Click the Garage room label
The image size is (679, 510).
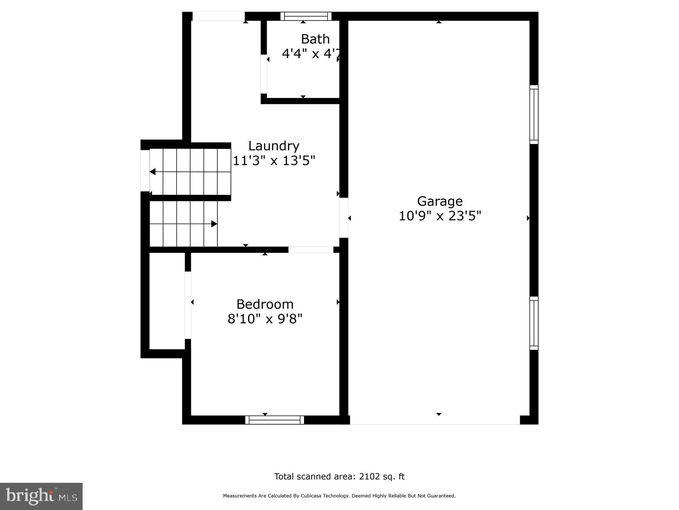click(x=439, y=201)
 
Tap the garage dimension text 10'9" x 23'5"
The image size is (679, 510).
click(x=439, y=216)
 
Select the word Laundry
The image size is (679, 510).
click(x=273, y=146)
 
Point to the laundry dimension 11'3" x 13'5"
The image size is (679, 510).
click(x=273, y=161)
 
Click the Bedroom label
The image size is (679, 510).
click(x=265, y=304)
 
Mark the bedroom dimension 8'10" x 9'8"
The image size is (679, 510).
click(x=265, y=319)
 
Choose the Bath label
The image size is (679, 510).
click(x=315, y=39)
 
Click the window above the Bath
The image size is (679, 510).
click(x=306, y=16)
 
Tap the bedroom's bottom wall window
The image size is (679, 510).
click(x=274, y=420)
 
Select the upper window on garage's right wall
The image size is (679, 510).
click(x=533, y=114)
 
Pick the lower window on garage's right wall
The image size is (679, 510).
click(x=533, y=323)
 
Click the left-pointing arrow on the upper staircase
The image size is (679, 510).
click(x=153, y=172)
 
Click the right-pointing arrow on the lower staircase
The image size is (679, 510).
click(x=214, y=224)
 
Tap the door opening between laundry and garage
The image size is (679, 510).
click(x=343, y=218)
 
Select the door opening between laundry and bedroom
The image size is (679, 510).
click(x=311, y=250)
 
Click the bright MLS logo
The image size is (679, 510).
click(x=41, y=496)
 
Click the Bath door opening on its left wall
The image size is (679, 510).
click(x=264, y=74)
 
